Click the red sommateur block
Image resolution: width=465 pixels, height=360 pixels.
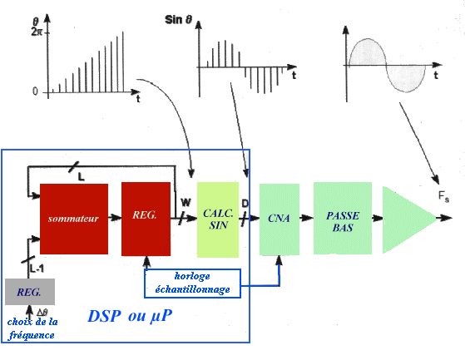(x=74, y=219)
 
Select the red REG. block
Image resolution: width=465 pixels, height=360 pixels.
(x=146, y=219)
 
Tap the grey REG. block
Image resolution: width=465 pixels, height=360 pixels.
(x=30, y=292)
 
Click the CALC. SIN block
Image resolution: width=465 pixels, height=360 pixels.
(x=218, y=219)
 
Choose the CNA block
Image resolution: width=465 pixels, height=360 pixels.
(x=279, y=219)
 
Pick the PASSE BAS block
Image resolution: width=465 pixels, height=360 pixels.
(x=343, y=218)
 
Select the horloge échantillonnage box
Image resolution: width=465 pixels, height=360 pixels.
(x=192, y=284)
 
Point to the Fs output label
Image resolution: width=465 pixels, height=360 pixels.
(x=443, y=196)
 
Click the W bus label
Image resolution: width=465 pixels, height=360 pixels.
(x=186, y=203)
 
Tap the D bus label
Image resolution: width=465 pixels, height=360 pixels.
(x=245, y=203)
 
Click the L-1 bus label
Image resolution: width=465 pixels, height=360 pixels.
(x=37, y=269)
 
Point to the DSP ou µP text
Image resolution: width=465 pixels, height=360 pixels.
(x=130, y=316)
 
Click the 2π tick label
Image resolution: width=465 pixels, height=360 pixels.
(x=37, y=32)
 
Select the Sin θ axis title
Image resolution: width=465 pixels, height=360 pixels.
(x=178, y=20)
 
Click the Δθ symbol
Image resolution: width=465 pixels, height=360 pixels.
(x=42, y=312)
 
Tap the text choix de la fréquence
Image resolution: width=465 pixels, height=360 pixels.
(x=32, y=328)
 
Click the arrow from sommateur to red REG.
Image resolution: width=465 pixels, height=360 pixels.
(x=115, y=218)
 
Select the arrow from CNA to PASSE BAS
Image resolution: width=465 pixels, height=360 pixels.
(x=306, y=218)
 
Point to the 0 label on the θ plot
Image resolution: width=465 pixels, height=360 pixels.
(x=35, y=91)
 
